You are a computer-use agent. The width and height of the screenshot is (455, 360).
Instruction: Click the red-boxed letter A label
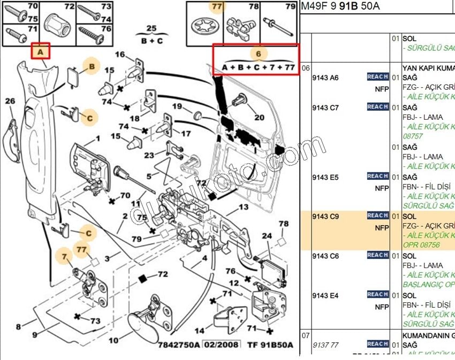40,52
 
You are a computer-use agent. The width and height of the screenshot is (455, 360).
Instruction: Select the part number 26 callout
10,101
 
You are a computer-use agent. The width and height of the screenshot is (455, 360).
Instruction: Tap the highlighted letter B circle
92,66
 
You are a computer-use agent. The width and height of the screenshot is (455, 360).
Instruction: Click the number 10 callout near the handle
113,340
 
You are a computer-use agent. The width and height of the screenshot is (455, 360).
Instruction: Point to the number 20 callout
260,118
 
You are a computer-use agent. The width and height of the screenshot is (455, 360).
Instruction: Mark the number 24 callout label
267,236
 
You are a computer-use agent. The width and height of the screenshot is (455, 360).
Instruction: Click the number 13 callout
244,207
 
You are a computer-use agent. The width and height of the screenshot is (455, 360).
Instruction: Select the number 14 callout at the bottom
199,331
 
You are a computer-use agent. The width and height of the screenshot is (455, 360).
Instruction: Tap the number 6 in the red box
259,53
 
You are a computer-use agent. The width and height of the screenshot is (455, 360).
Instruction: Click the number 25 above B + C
151,28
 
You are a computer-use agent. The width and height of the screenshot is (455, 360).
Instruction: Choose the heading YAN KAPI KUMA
428,68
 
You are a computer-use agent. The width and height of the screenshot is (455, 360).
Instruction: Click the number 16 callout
120,55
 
